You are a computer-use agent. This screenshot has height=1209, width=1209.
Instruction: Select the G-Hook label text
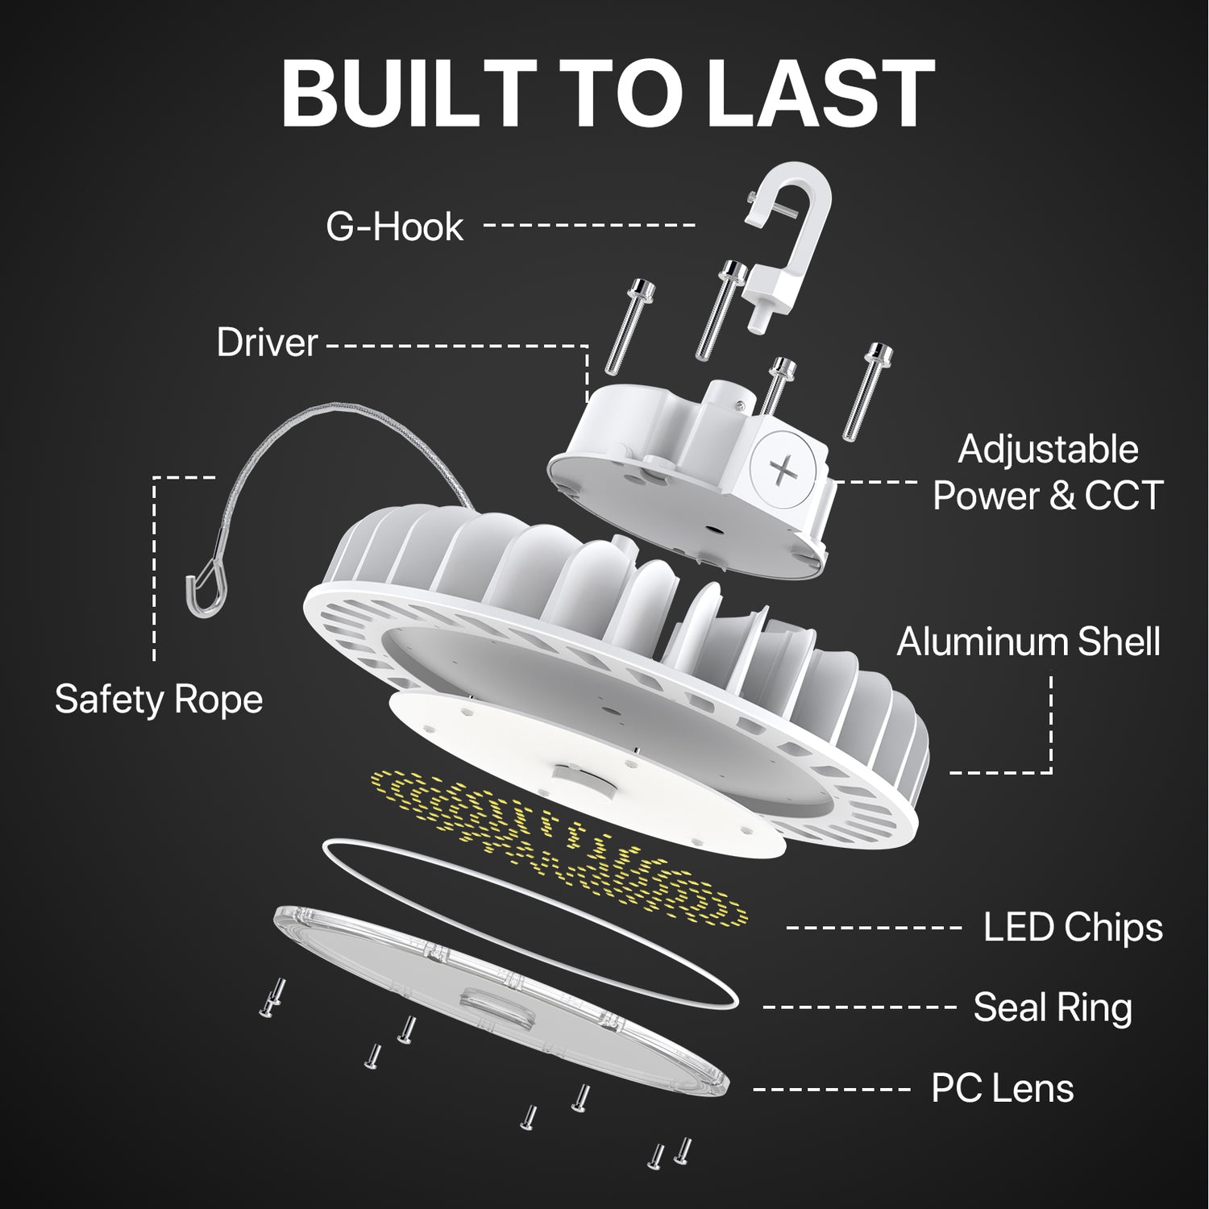[395, 226]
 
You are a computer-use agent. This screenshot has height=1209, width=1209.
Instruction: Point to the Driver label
[267, 343]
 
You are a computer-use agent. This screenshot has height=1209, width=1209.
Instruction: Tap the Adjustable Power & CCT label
[1048, 472]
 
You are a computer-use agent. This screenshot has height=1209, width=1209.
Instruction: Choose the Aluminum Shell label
[1028, 642]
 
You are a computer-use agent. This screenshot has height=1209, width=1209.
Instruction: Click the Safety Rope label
[159, 699]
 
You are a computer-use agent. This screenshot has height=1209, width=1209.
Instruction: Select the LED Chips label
[1073, 927]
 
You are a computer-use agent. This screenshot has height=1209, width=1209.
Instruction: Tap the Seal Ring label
[1053, 1008]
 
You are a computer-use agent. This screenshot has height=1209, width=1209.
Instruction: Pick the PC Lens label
[1003, 1088]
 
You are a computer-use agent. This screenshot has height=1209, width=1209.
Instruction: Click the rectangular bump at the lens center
[492, 1003]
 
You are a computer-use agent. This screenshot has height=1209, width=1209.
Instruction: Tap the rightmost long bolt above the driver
[865, 391]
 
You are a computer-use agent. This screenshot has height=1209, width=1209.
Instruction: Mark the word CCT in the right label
[1124, 496]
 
